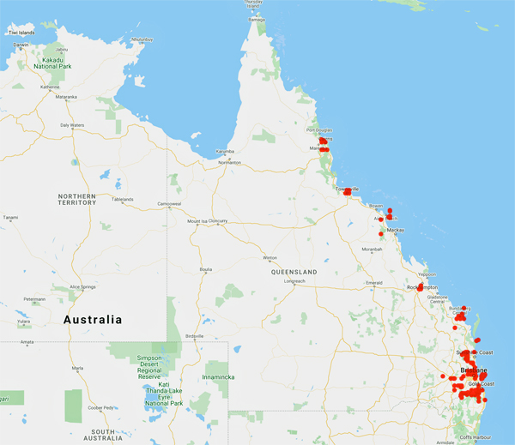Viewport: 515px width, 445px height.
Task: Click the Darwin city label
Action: [21, 45]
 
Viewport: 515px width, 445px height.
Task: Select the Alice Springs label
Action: [63, 287]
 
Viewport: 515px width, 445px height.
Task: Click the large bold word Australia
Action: [93, 320]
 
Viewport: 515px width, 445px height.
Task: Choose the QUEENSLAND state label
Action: [294, 272]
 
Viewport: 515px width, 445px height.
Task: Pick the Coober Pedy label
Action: [100, 407]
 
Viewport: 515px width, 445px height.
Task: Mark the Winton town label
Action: [270, 257]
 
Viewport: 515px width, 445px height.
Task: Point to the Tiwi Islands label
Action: [21, 33]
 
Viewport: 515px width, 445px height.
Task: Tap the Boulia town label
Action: [206, 269]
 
